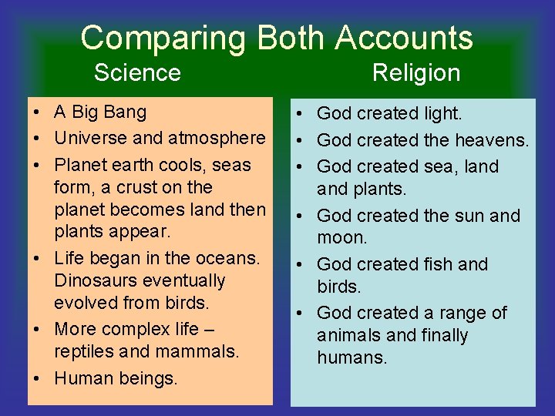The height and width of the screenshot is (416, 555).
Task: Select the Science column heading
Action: [x=137, y=73]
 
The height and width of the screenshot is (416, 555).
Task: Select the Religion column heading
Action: [x=416, y=73]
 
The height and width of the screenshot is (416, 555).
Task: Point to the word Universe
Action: [x=88, y=139]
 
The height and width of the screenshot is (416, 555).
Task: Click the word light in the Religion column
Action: [x=444, y=114]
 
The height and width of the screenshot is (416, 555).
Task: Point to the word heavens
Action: [x=492, y=140]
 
